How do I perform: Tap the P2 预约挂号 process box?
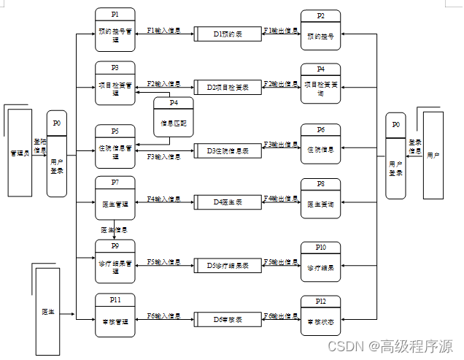(x=321, y=31)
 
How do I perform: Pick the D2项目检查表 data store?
(x=227, y=87)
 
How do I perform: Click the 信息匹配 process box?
(x=173, y=118)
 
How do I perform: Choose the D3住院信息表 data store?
(x=227, y=151)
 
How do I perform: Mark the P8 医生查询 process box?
(x=321, y=199)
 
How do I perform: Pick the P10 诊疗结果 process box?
(x=321, y=261)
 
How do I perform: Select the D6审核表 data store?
(x=227, y=320)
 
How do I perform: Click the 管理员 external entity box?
(x=19, y=153)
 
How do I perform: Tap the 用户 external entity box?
(x=433, y=156)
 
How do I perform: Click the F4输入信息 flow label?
(x=163, y=199)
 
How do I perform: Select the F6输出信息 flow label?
(x=280, y=315)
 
